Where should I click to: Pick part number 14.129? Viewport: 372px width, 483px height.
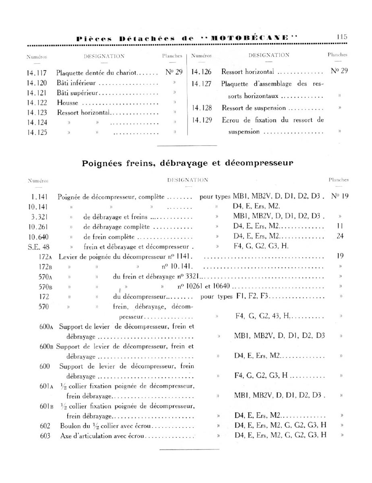click(202, 120)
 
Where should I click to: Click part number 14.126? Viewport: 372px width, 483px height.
click(202, 72)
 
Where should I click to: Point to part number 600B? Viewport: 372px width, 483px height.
click(47, 346)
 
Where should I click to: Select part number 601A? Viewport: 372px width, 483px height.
click(47, 386)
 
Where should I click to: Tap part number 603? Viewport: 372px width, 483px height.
click(45, 436)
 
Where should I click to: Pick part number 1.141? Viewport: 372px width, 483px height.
click(39, 197)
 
